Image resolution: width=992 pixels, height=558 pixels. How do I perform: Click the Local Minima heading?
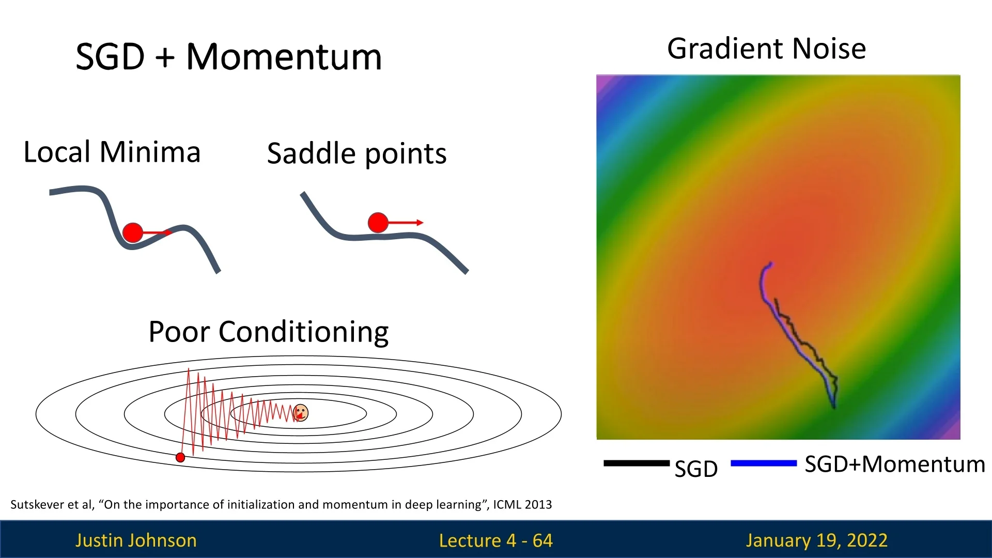tap(112, 152)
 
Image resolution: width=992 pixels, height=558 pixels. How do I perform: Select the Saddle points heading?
tap(357, 154)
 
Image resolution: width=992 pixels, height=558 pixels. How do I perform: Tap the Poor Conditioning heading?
tap(269, 332)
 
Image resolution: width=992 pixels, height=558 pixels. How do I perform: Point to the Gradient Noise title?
tap(767, 49)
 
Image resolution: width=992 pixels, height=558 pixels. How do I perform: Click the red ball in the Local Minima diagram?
tap(133, 233)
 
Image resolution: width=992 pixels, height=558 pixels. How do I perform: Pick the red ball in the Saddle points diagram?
tap(378, 223)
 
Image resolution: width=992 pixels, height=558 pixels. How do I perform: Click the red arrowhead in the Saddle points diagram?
tap(420, 223)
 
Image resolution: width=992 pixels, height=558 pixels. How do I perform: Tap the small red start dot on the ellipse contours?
tap(180, 457)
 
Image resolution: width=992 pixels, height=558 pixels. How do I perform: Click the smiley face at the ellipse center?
tap(301, 413)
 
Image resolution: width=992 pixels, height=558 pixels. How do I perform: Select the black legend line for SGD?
tap(637, 463)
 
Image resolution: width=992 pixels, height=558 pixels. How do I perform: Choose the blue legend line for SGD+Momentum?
tap(764, 463)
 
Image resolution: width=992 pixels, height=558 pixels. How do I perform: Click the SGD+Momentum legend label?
tap(895, 464)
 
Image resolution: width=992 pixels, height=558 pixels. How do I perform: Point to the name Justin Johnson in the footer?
tap(136, 540)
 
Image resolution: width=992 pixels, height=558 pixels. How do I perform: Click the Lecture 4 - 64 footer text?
tap(496, 540)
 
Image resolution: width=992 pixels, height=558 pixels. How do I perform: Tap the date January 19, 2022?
tap(817, 540)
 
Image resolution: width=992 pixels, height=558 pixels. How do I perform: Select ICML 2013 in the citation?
tap(522, 505)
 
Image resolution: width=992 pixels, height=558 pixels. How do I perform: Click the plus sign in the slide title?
tap(165, 58)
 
